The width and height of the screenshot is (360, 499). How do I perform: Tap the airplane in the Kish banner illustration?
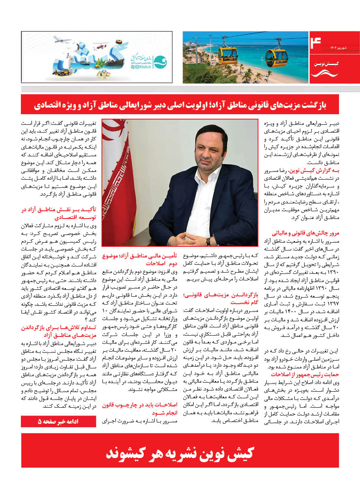pos(60,39)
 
